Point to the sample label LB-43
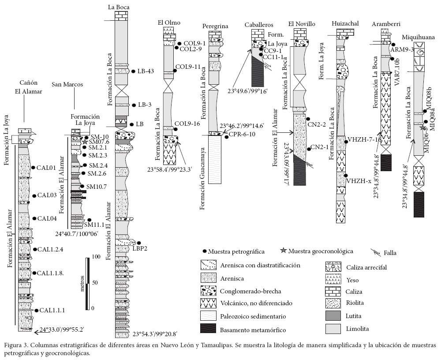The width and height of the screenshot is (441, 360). click(x=146, y=71)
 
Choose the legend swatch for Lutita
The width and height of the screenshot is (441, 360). click(x=333, y=316)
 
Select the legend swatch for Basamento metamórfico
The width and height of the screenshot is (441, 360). click(x=209, y=329)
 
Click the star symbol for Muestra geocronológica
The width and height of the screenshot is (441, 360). click(x=284, y=251)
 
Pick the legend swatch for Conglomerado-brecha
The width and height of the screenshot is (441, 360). click(x=209, y=291)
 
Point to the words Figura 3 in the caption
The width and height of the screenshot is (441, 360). click(x=17, y=345)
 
